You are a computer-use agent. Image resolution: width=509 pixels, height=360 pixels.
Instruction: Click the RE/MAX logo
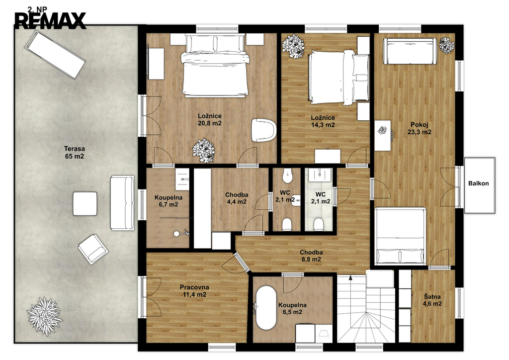click(x=50, y=20)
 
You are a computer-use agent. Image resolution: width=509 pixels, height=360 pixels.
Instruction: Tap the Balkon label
click(x=478, y=183)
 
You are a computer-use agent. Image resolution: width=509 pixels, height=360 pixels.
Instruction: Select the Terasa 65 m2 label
click(x=75, y=153)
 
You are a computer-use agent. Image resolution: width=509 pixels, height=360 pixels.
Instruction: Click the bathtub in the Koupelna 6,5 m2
click(x=266, y=308)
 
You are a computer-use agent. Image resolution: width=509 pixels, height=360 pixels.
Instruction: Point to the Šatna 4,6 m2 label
click(x=432, y=300)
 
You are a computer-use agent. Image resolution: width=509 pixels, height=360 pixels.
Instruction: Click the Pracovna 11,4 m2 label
click(x=194, y=291)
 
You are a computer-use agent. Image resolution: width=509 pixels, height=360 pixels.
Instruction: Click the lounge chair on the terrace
click(x=55, y=54)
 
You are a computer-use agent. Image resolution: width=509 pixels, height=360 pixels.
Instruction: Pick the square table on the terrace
click(x=85, y=204)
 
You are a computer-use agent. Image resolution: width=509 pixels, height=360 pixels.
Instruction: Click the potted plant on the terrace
click(x=44, y=316)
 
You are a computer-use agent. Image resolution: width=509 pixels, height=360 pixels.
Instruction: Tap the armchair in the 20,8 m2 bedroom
click(x=263, y=130)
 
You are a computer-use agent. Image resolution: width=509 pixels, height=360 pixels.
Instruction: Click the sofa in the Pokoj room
click(x=410, y=51)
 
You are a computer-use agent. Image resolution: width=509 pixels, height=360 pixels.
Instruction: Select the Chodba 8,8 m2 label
click(x=311, y=256)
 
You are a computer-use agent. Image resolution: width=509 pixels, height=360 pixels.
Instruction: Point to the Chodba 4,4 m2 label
click(x=237, y=198)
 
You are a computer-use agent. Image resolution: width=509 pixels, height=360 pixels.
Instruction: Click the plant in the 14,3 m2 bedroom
click(x=293, y=46)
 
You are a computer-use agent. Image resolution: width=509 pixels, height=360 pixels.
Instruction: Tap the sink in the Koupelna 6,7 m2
click(x=182, y=179)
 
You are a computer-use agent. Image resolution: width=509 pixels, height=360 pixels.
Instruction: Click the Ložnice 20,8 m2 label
click(x=210, y=119)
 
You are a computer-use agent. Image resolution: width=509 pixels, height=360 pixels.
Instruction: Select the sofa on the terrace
click(x=122, y=203)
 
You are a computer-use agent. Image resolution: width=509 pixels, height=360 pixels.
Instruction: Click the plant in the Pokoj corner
click(x=447, y=45)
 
